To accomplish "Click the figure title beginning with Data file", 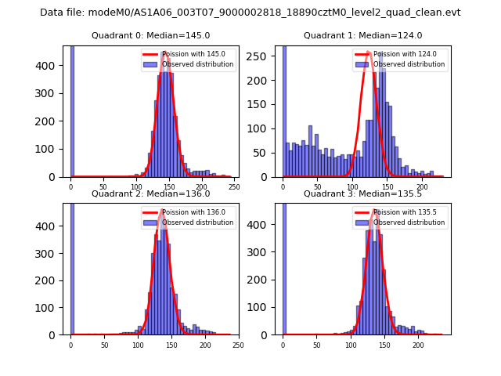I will pyautogui.click(x=250, y=13).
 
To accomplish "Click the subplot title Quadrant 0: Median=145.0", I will pyautogui.click(x=150, y=35).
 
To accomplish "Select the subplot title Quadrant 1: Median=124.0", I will pyautogui.click(x=362, y=35).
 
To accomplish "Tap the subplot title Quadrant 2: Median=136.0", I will pyautogui.click(x=150, y=193).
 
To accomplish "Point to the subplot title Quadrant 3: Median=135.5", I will pyautogui.click(x=362, y=193).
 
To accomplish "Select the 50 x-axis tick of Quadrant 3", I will pyautogui.click(x=317, y=345).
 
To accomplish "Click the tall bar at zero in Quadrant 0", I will pyautogui.click(x=72, y=110).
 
